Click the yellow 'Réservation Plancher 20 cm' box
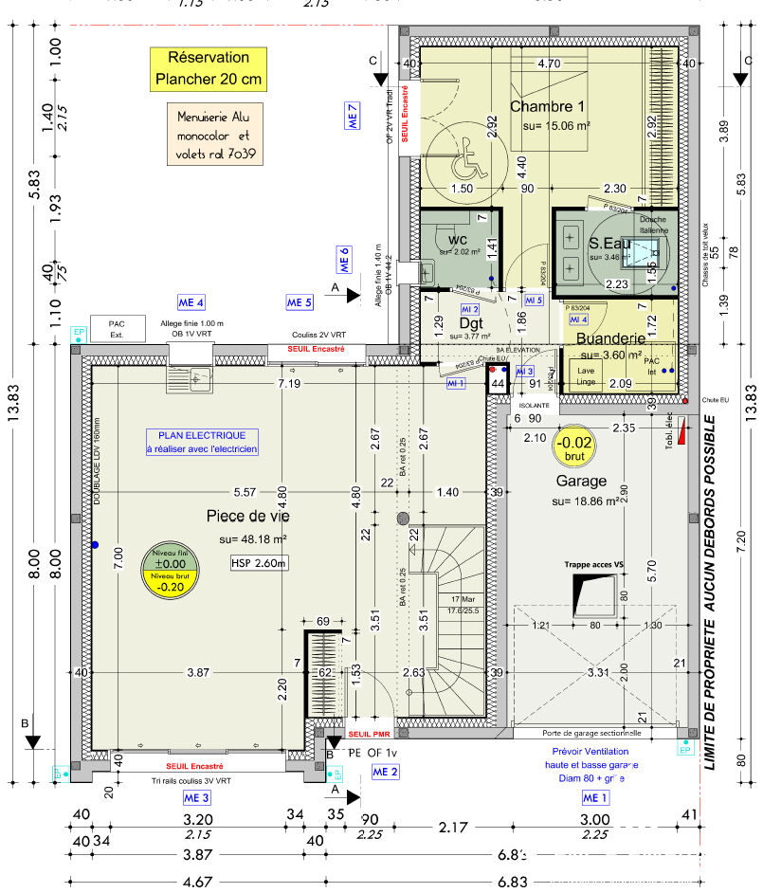(x=208, y=69)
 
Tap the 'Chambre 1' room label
(x=547, y=106)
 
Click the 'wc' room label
(x=458, y=238)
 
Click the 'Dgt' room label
(x=471, y=322)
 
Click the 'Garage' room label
(x=581, y=481)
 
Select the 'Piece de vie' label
(x=248, y=516)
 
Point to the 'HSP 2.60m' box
(x=258, y=563)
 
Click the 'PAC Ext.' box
(x=117, y=328)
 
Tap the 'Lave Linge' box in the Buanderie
(x=585, y=376)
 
